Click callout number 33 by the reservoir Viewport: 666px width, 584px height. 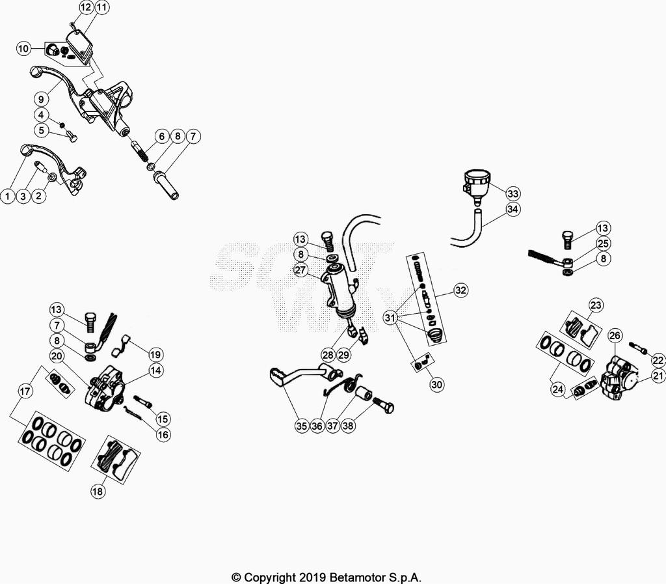(513, 193)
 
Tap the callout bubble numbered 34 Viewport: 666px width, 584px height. (513, 209)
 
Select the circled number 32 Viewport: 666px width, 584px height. (460, 290)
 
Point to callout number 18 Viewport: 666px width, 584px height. (98, 492)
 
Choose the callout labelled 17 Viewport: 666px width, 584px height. (25, 391)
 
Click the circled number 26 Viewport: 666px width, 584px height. (615, 336)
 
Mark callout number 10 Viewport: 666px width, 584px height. (24, 48)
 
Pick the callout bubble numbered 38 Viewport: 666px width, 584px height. (348, 426)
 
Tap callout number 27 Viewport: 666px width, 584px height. (300, 270)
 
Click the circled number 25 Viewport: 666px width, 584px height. (603, 243)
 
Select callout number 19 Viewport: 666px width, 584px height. (155, 354)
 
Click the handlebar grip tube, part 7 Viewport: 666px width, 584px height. (166, 185)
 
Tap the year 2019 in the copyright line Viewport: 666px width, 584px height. (312, 577)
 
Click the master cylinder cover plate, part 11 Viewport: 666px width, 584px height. (81, 46)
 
